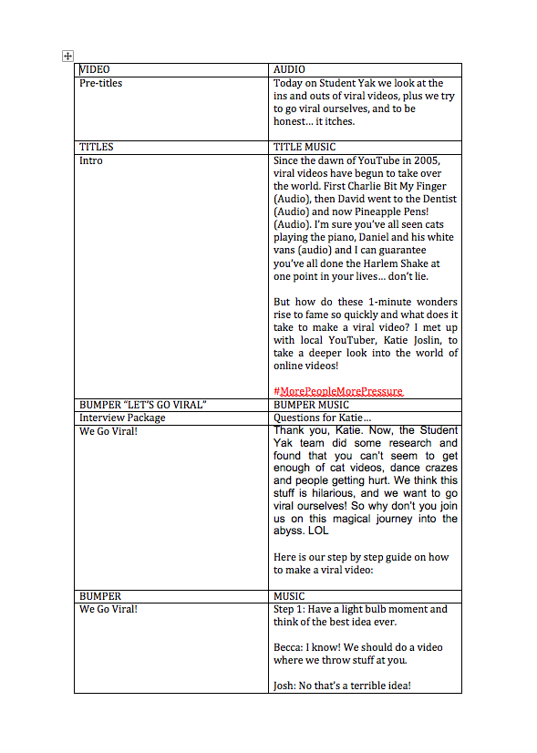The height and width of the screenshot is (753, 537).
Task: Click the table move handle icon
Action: tap(67, 57)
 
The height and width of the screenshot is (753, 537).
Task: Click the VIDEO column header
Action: tap(96, 69)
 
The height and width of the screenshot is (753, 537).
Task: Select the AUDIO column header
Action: tap(289, 69)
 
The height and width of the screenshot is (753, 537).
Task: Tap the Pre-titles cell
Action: tap(101, 83)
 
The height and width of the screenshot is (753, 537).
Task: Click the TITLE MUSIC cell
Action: tap(305, 147)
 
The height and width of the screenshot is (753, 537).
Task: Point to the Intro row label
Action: tap(91, 160)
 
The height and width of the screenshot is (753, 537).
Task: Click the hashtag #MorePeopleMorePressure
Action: tap(337, 391)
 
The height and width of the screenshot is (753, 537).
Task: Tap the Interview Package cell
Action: tap(122, 418)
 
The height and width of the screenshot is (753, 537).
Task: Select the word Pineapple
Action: tap(394, 211)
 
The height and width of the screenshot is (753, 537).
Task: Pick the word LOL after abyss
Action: tap(318, 531)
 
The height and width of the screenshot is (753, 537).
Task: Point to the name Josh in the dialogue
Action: tap(285, 686)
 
